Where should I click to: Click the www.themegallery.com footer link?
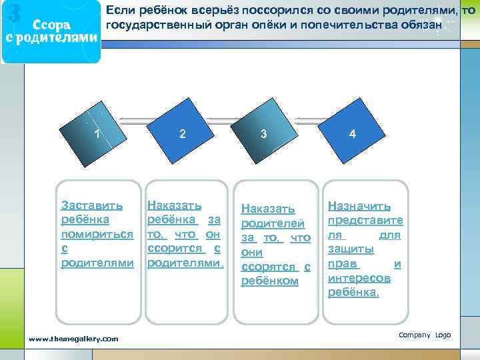click(73, 339)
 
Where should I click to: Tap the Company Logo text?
click(425, 335)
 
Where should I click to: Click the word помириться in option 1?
click(97, 234)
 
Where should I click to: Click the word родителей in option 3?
click(273, 223)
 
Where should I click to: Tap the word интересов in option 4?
click(359, 277)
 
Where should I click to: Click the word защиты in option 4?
click(350, 249)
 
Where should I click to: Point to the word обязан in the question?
click(421, 25)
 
